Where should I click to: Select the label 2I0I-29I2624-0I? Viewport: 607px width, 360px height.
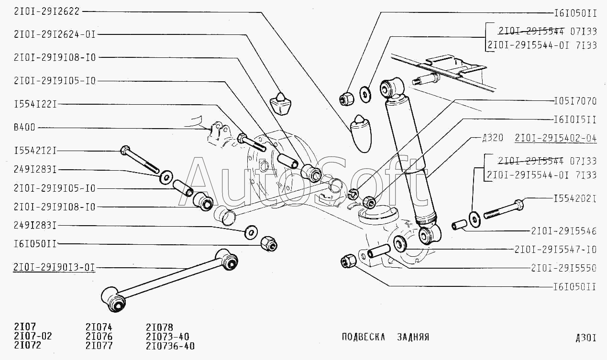55,34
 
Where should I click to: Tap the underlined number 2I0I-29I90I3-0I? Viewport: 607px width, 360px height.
55,267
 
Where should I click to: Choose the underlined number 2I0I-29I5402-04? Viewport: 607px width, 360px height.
556,139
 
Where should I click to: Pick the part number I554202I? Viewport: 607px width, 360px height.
575,198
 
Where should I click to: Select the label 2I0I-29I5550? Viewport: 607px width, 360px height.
563,268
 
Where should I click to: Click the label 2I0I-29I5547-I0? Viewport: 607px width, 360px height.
556,250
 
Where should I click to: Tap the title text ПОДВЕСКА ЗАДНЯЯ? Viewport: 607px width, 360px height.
386,337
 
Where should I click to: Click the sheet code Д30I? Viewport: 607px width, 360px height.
586,338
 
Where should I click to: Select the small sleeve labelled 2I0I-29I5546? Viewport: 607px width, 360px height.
459,223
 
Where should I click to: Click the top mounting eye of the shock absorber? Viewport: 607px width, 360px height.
392,87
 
